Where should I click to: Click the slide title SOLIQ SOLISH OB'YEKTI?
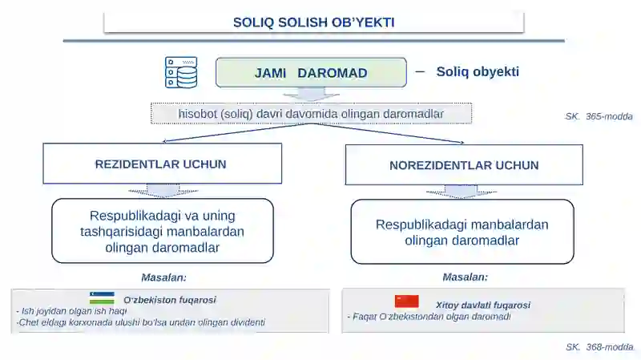click(313, 22)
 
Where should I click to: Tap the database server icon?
click(181, 72)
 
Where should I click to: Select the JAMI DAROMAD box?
click(311, 73)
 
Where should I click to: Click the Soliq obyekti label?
click(478, 72)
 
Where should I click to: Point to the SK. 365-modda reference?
click(599, 116)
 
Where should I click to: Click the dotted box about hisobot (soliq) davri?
click(311, 114)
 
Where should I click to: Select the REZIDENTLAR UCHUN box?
click(161, 164)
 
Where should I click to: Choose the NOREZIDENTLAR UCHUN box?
click(464, 165)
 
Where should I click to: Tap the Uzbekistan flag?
click(102, 298)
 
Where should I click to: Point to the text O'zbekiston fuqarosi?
click(169, 300)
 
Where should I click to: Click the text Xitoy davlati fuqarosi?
click(482, 305)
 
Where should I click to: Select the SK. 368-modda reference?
click(599, 347)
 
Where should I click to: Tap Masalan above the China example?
click(465, 277)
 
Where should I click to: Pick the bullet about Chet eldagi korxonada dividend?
click(140, 322)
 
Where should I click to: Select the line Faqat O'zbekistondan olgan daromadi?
click(429, 317)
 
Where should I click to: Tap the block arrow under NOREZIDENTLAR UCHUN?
click(462, 192)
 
